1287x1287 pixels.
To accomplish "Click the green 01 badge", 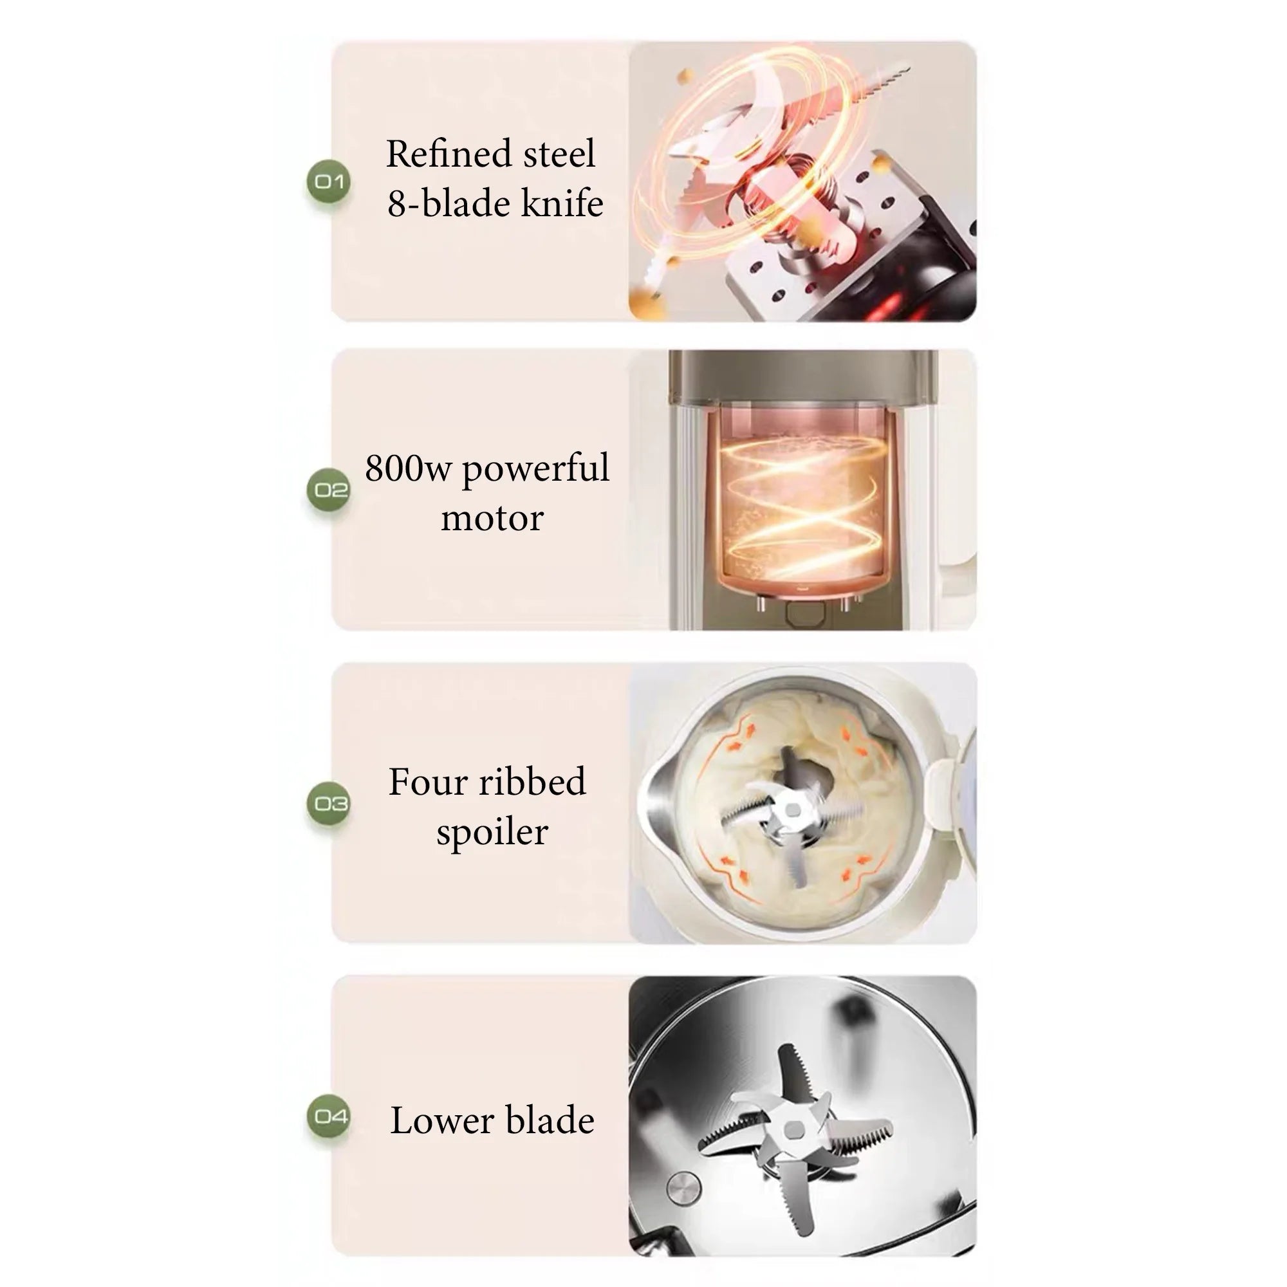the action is [x=329, y=181].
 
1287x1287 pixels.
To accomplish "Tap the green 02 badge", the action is [x=329, y=490].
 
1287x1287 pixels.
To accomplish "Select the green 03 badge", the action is [x=329, y=803].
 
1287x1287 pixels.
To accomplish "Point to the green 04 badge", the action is [x=329, y=1116].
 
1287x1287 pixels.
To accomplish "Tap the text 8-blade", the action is [x=450, y=203].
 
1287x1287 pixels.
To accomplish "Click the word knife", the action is [x=562, y=203].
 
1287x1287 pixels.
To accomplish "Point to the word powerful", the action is [x=535, y=470].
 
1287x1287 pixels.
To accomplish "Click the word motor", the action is [x=492, y=518].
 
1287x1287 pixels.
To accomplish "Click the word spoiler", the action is [x=492, y=833].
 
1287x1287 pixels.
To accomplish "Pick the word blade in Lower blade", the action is [x=550, y=1120].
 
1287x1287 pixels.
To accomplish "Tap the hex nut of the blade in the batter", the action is [x=793, y=810].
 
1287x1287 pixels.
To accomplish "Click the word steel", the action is [x=559, y=154].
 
